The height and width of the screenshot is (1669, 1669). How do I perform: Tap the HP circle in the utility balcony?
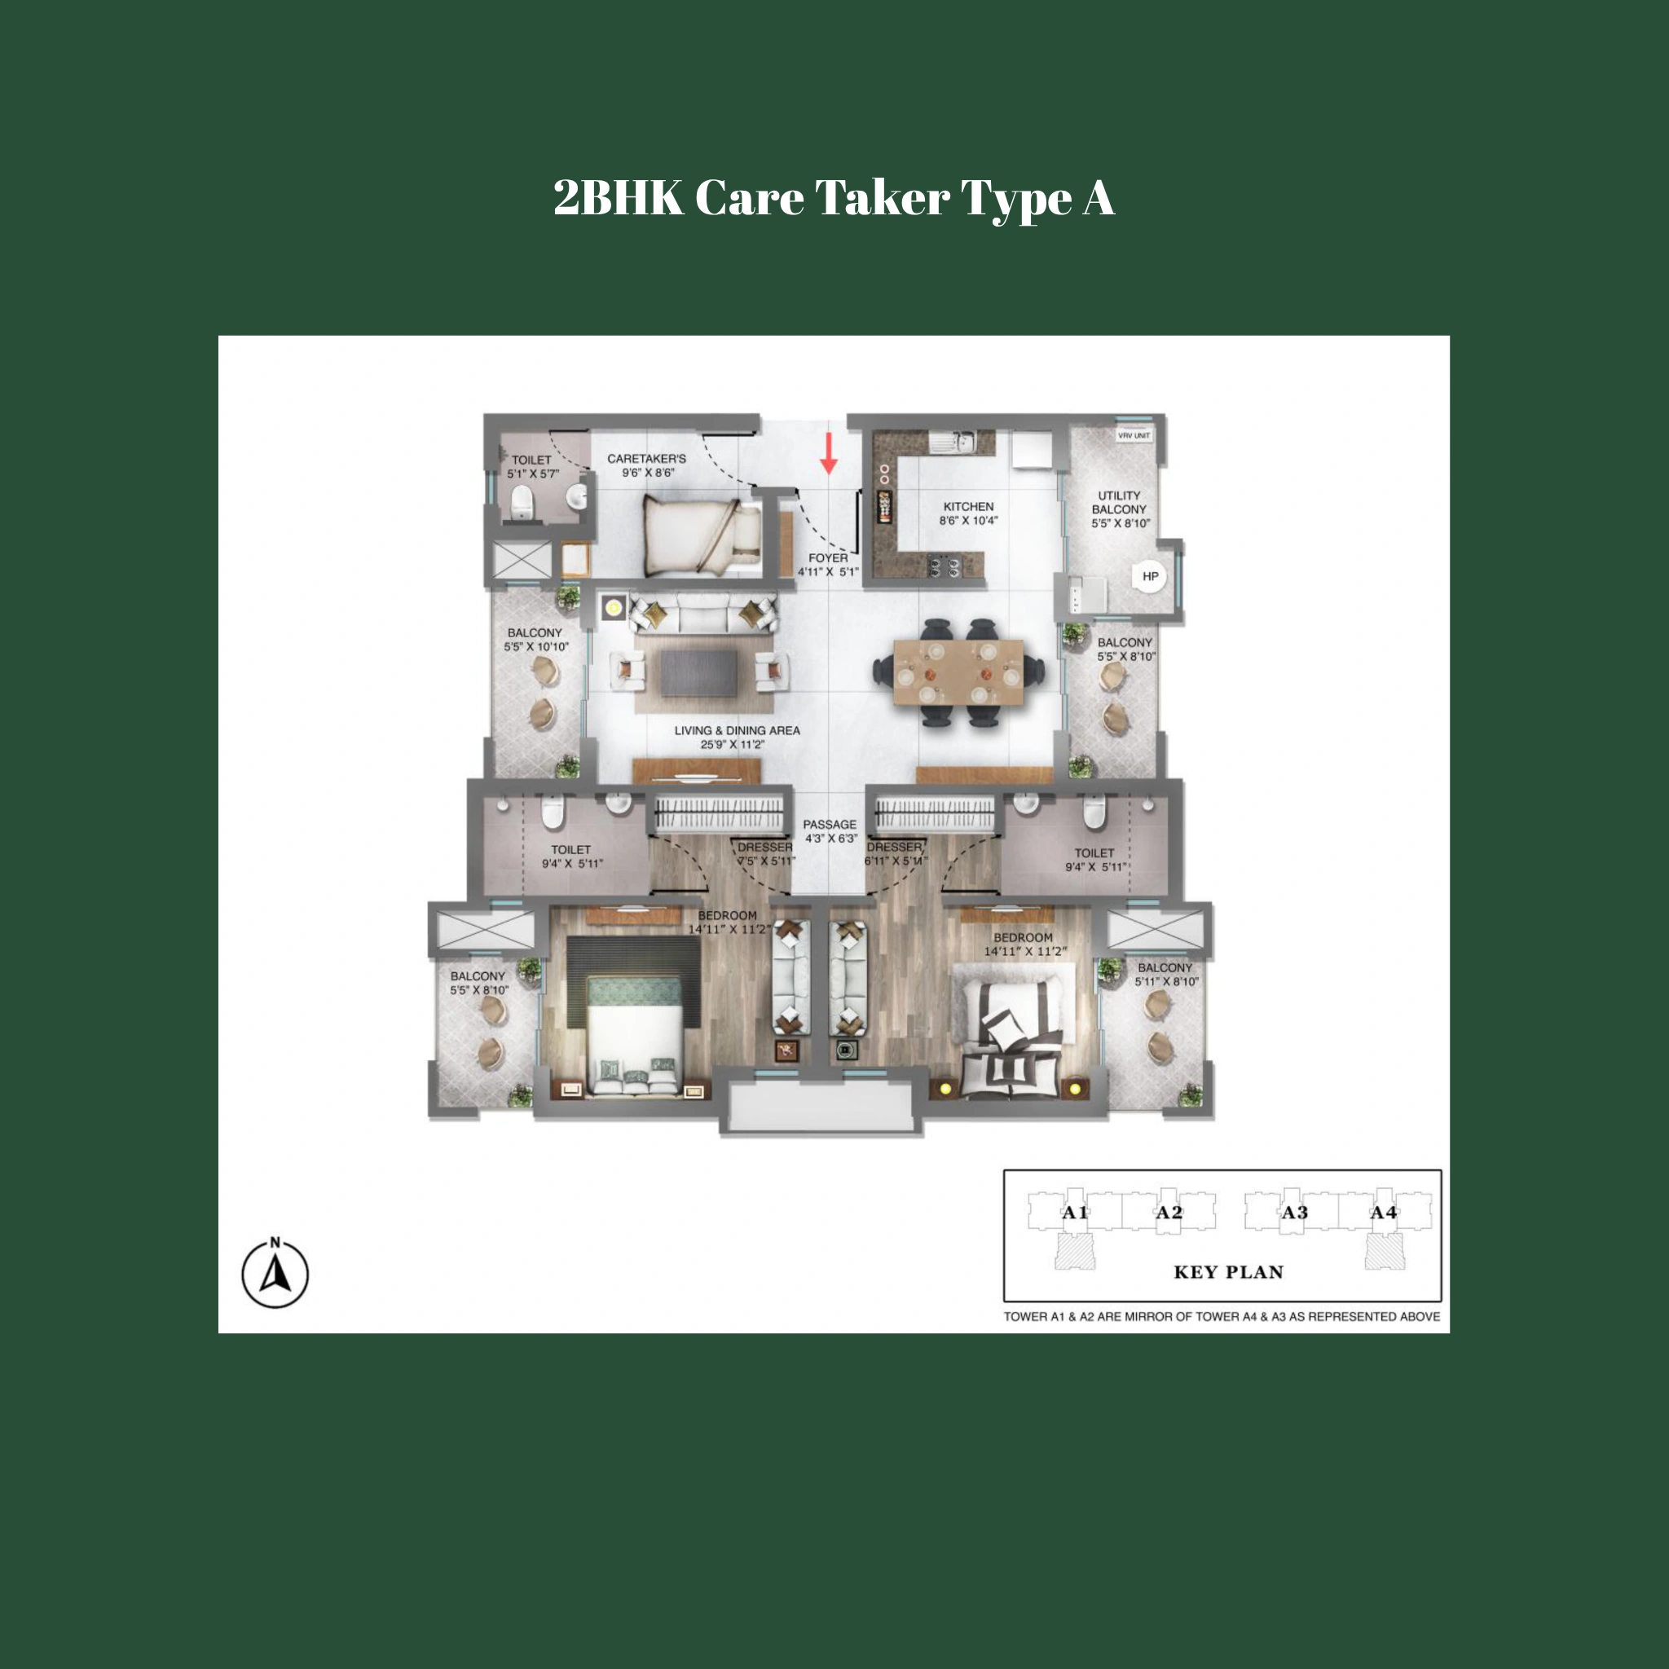tap(1150, 576)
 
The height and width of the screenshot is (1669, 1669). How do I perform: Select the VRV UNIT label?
tap(1134, 435)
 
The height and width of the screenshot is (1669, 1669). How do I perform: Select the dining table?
tap(958, 672)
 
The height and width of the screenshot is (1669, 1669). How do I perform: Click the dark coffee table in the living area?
tap(699, 673)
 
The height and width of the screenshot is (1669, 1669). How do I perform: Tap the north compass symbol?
tap(275, 1274)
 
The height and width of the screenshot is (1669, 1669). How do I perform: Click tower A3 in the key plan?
tap(1294, 1213)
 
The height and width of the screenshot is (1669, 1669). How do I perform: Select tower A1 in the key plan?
tap(1075, 1213)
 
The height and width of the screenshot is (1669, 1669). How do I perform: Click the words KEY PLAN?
tap(1227, 1271)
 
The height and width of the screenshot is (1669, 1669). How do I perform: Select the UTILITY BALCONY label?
tap(1120, 509)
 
